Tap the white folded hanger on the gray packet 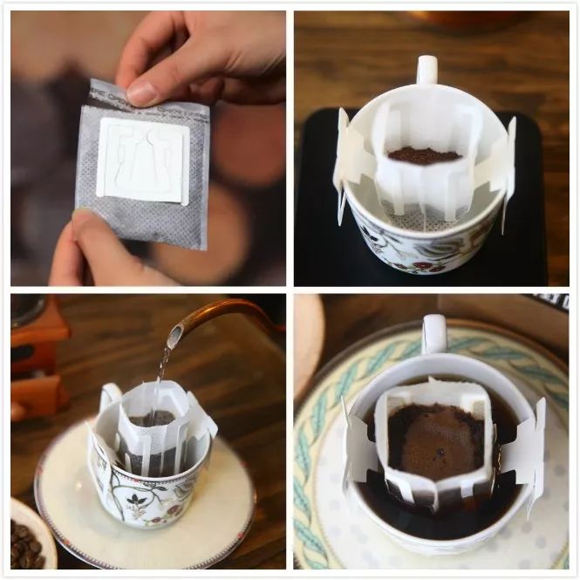point(144,160)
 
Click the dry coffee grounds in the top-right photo point(424,155)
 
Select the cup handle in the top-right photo point(426,70)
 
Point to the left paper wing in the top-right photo point(350,162)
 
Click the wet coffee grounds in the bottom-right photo point(440,440)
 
